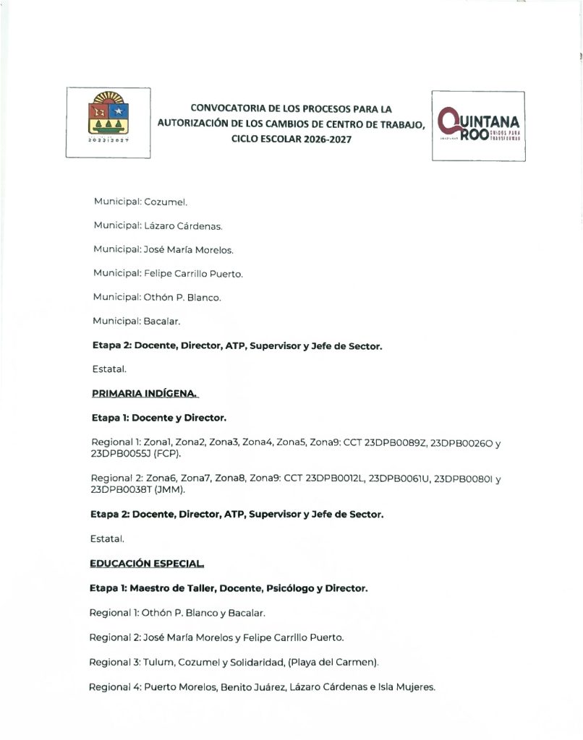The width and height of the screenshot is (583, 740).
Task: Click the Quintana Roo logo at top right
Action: [x=479, y=126]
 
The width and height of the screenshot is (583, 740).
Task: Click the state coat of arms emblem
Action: [x=108, y=121]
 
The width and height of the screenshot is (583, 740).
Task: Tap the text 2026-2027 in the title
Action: [x=326, y=139]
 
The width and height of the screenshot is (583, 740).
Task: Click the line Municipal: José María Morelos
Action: [x=163, y=250]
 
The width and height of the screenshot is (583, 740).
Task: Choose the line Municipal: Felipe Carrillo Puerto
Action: [x=168, y=273]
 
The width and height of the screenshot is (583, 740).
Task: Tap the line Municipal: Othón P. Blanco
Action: [x=157, y=297]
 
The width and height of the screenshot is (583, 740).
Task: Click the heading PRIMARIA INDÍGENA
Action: [x=145, y=393]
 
